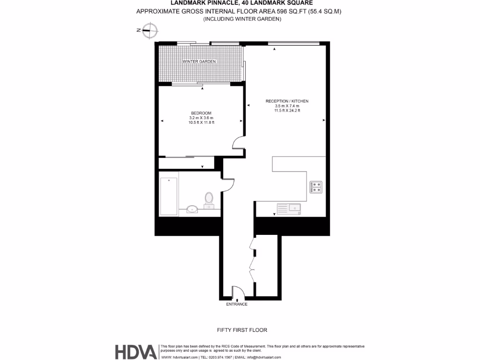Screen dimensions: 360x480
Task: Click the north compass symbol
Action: click(149, 30)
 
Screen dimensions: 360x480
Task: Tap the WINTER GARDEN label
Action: click(199, 62)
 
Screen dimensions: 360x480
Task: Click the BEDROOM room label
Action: click(201, 113)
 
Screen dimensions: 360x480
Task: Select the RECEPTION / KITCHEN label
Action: click(287, 101)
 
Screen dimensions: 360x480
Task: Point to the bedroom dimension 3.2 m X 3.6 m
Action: click(201, 118)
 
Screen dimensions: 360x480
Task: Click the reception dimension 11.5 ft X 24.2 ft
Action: click(287, 111)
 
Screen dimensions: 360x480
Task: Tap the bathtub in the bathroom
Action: click(168, 196)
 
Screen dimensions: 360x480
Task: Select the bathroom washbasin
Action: click(192, 210)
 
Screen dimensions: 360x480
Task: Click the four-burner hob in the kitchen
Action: click(316, 187)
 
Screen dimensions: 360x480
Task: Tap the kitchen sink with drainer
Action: click(289, 208)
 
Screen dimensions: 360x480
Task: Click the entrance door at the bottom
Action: click(238, 292)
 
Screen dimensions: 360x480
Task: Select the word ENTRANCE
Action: click(237, 304)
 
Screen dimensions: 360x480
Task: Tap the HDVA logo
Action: click(136, 352)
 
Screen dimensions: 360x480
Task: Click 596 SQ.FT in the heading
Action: click(286, 11)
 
